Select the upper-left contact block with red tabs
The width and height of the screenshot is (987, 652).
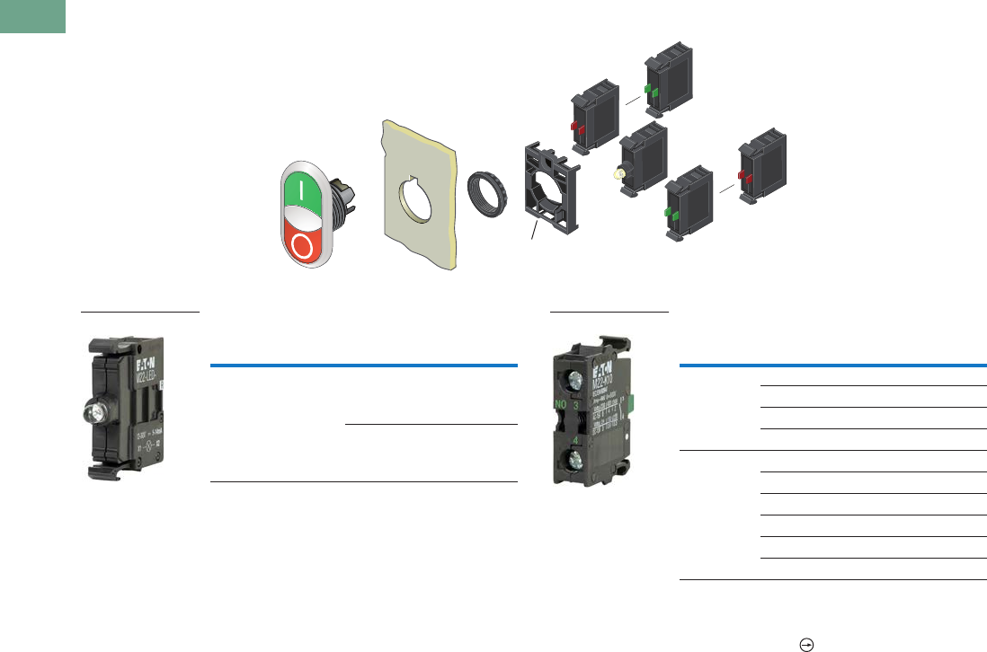(x=593, y=123)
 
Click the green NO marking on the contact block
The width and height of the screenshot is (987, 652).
(x=562, y=404)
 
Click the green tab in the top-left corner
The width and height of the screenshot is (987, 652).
(x=32, y=16)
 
